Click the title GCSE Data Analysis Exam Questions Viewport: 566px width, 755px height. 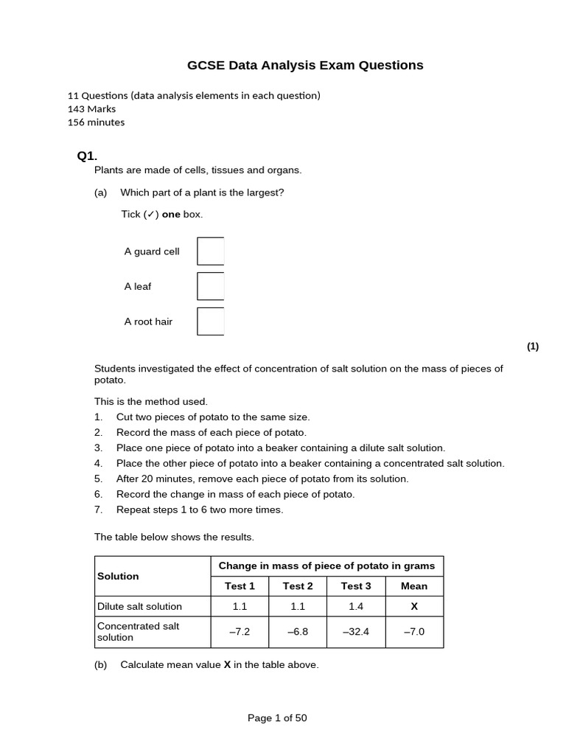pyautogui.click(x=305, y=66)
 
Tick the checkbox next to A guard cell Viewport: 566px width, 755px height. pyautogui.click(x=210, y=251)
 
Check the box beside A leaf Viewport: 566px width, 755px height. pyautogui.click(x=210, y=286)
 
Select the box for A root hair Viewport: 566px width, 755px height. pyautogui.click(x=210, y=321)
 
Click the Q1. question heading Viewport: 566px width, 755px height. pyautogui.click(x=87, y=156)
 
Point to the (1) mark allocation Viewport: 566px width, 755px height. pyautogui.click(x=533, y=347)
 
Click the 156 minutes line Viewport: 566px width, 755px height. pyautogui.click(x=96, y=122)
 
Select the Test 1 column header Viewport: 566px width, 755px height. pyautogui.click(x=240, y=586)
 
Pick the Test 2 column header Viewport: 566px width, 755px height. pyautogui.click(x=298, y=586)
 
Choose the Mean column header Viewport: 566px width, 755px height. pyautogui.click(x=413, y=586)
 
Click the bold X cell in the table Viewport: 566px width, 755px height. pyautogui.click(x=413, y=606)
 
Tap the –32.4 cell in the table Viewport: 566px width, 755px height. pyautogui.click(x=356, y=632)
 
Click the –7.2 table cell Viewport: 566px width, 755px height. pyautogui.click(x=240, y=632)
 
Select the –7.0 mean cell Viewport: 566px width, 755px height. pyautogui.click(x=413, y=632)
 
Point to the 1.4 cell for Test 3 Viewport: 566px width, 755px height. pyautogui.click(x=356, y=606)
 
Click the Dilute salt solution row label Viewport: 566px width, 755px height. pyautogui.click(x=139, y=606)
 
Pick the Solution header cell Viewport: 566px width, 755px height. pyautogui.click(x=118, y=576)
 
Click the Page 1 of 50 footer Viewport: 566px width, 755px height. pyautogui.click(x=277, y=718)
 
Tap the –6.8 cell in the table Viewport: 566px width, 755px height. pyautogui.click(x=298, y=632)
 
